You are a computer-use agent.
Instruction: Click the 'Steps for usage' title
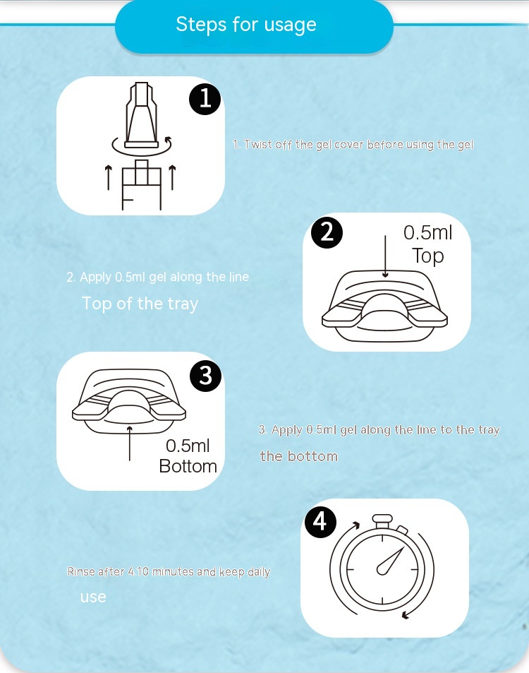[246, 25]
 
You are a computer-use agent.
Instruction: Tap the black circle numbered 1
[205, 99]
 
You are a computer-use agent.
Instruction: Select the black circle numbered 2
[327, 232]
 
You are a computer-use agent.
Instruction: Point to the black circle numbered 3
[205, 376]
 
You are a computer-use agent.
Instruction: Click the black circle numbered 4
[320, 522]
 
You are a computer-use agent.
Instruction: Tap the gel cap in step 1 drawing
[142, 115]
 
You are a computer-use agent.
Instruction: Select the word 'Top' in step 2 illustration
[428, 256]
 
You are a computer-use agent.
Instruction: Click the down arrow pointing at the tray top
[385, 256]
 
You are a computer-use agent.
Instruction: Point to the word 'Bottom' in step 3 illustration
[188, 466]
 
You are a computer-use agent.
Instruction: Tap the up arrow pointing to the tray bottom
[130, 443]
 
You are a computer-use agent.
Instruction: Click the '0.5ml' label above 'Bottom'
[188, 446]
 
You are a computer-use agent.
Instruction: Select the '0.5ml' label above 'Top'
[428, 232]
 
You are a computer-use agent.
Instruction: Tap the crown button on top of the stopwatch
[382, 521]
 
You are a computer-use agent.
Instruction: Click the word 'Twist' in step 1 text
[258, 144]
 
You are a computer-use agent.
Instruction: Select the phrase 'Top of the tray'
[140, 304]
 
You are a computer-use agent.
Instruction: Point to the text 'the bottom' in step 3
[299, 456]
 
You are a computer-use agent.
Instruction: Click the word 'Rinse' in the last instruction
[81, 571]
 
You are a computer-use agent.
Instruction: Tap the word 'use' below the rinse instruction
[93, 597]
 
